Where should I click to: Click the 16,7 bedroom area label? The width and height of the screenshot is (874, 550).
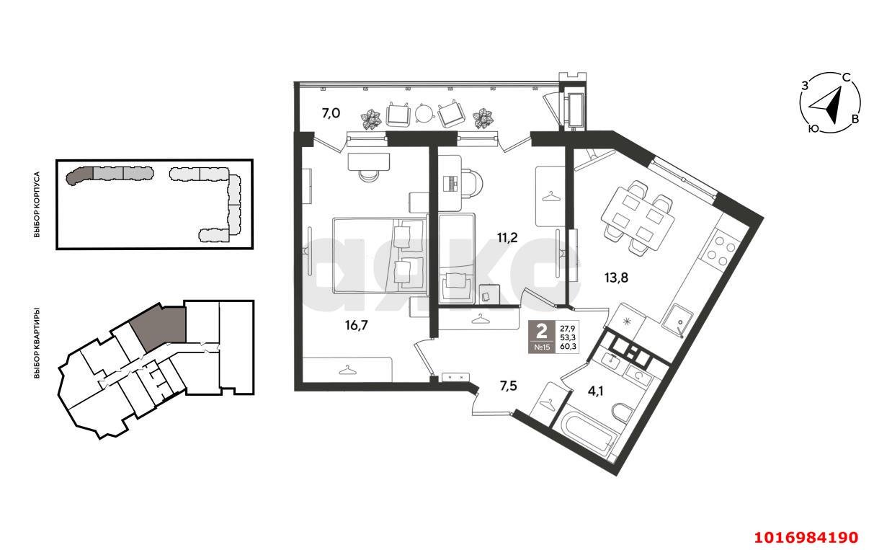[x=357, y=325]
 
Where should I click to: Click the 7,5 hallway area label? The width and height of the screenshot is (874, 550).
[x=509, y=386]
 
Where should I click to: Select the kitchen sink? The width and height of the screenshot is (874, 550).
[x=677, y=319]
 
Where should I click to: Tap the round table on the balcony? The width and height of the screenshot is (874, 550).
[x=424, y=112]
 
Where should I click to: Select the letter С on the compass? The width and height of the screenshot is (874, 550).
[x=847, y=77]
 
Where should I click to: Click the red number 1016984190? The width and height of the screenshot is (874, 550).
[x=806, y=537]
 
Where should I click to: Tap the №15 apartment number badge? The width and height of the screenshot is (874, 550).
[x=541, y=347]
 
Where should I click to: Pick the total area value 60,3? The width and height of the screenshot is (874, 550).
[x=568, y=346]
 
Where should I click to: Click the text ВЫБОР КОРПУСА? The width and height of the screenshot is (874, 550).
[x=36, y=205]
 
